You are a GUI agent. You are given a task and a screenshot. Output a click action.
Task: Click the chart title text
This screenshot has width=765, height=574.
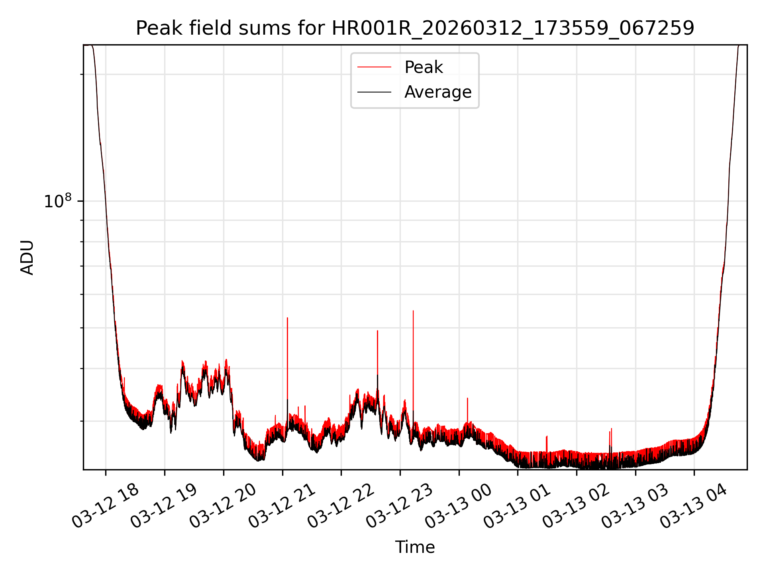click(x=415, y=28)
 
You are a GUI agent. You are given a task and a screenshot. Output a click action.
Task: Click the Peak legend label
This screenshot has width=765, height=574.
click(x=423, y=67)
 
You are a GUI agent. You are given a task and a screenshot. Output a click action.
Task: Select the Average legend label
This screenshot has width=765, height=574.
click(x=437, y=92)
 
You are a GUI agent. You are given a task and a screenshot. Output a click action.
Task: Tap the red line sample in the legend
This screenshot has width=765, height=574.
click(x=374, y=67)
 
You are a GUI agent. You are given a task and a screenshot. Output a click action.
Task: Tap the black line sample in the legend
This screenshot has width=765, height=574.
click(x=374, y=92)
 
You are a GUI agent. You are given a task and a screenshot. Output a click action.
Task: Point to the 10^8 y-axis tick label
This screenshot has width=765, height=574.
click(x=57, y=201)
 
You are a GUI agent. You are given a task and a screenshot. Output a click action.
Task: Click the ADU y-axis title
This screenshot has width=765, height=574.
click(x=27, y=257)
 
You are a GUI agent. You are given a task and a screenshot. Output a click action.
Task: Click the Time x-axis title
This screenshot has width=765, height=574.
click(x=415, y=547)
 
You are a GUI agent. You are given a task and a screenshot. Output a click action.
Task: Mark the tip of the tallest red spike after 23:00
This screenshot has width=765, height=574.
click(x=413, y=311)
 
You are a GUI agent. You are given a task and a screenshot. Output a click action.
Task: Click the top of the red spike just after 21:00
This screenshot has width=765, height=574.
click(x=287, y=318)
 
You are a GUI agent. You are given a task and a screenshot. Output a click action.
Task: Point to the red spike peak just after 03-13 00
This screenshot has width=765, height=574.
click(x=467, y=398)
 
